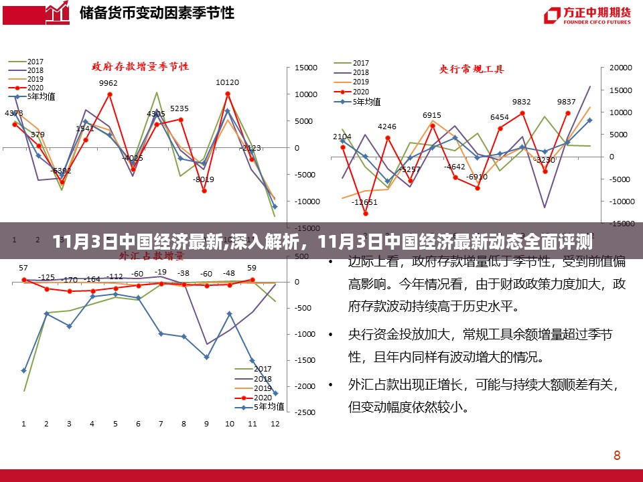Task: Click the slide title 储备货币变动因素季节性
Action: [157, 13]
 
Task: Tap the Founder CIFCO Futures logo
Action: [587, 15]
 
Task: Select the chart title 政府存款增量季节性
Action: [140, 66]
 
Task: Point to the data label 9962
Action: [108, 83]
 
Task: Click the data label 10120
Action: [227, 83]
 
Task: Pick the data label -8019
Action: [204, 179]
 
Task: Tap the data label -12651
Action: [365, 202]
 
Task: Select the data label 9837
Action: [566, 102]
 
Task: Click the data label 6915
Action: [432, 115]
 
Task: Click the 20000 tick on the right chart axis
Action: [622, 68]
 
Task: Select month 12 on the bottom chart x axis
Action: [275, 424]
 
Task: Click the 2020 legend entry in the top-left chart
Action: [35, 88]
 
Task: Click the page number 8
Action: [616, 455]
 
